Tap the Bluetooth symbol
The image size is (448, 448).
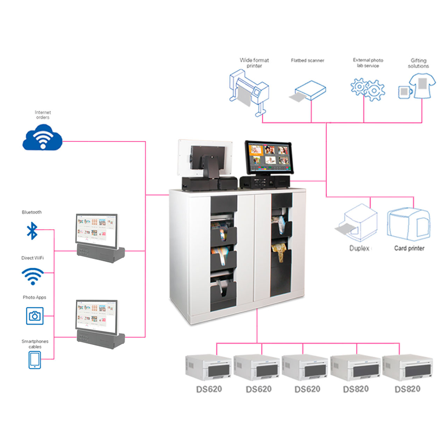click(32, 231)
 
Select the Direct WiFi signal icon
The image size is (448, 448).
click(33, 276)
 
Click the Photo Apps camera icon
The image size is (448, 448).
click(35, 316)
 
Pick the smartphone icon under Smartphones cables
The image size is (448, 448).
click(35, 360)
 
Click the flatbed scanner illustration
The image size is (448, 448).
click(308, 92)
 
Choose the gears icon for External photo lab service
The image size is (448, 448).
click(367, 89)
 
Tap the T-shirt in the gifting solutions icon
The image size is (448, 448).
click(423, 85)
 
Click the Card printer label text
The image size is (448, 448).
click(409, 248)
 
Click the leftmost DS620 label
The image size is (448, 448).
click(209, 389)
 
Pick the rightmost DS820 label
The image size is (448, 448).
click(407, 389)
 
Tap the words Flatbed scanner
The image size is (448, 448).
click(307, 61)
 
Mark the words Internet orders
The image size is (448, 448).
click(43, 115)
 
